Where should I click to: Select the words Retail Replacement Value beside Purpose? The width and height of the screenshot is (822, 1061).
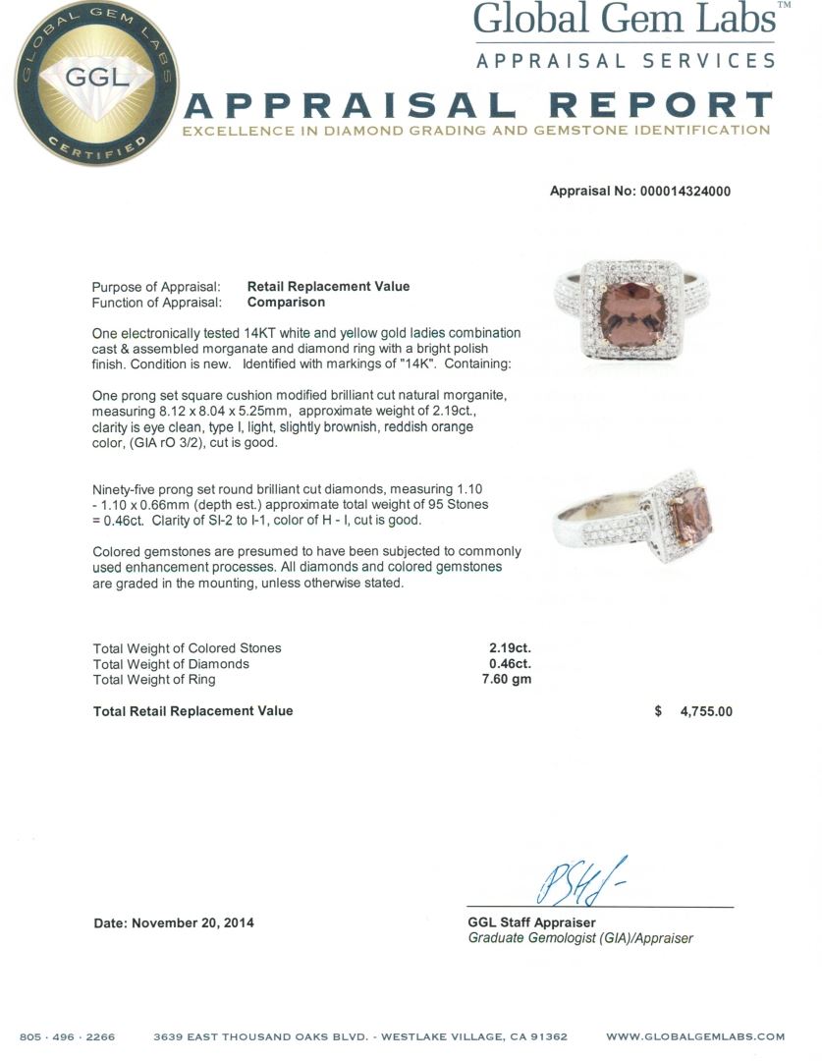point(328,287)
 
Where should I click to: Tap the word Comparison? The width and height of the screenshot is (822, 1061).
point(286,303)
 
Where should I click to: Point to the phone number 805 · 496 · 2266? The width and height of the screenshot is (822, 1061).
point(67,1036)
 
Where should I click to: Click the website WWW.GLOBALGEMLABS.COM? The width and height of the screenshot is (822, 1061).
point(695,1036)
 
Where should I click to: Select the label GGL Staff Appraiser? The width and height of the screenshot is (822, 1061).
point(531,922)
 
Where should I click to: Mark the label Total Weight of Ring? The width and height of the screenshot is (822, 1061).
point(153,680)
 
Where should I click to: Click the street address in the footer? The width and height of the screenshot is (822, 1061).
point(360,1036)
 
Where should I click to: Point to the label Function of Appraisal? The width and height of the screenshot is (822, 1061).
point(156,303)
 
